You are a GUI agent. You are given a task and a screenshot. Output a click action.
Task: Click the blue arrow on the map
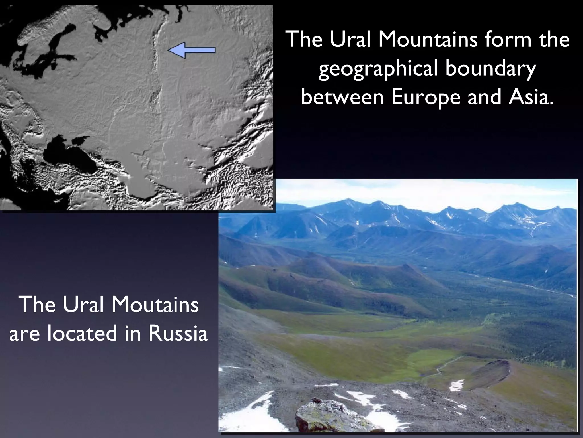(x=191, y=50)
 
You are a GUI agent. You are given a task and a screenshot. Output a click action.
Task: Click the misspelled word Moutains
(x=155, y=305)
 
